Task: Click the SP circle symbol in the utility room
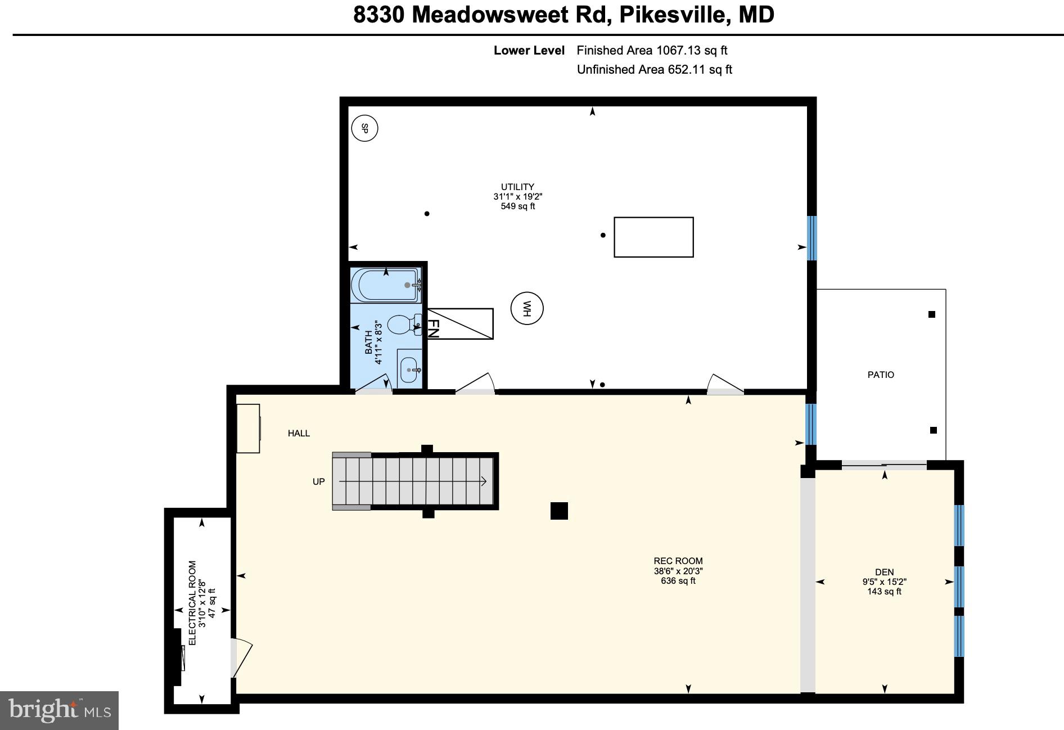coord(364,128)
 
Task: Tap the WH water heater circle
coord(527,308)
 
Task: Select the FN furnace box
coord(460,324)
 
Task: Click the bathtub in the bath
coord(385,285)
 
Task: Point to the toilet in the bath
coord(402,325)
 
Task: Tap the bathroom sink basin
coord(409,369)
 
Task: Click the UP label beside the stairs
coord(318,482)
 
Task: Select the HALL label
coord(299,433)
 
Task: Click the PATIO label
coord(880,375)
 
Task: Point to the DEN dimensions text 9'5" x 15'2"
coord(884,582)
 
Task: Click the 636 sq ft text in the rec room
coord(678,581)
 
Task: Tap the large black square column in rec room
coord(559,511)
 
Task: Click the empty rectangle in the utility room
coord(653,237)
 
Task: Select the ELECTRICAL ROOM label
coord(192,603)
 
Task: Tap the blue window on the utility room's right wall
coord(811,238)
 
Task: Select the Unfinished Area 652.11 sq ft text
coord(654,70)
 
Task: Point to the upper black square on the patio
coord(931,314)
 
